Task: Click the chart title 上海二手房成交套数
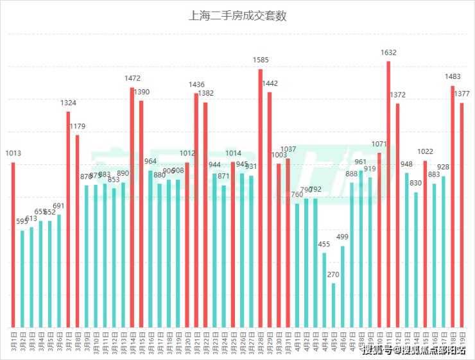click(237, 16)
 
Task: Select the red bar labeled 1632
click(388, 193)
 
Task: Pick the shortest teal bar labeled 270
click(333, 305)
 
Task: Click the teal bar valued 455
click(324, 289)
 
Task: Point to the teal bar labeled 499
click(343, 286)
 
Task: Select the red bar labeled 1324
click(68, 219)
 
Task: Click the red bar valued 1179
click(77, 230)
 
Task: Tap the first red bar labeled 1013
click(13, 244)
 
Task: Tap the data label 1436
click(196, 84)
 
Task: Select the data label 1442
click(270, 83)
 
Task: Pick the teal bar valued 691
click(59, 270)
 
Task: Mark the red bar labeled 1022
click(425, 243)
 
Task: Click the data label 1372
click(398, 94)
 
